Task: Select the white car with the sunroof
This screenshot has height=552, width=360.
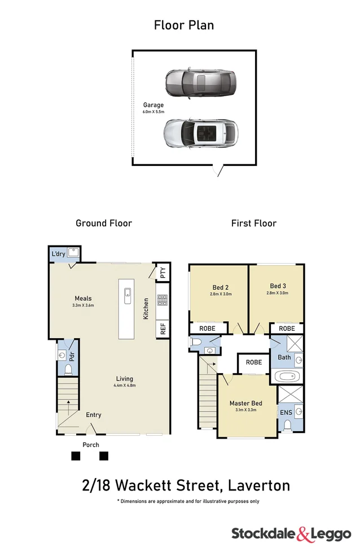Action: [200, 133]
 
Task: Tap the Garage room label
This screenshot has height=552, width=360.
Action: [153, 105]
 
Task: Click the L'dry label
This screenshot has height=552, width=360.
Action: [58, 254]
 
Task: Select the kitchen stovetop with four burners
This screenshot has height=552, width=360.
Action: [163, 300]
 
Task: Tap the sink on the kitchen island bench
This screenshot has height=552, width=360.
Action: [128, 292]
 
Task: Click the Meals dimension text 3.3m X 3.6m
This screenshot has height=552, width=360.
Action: [83, 305]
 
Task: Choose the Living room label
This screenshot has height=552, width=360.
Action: [125, 379]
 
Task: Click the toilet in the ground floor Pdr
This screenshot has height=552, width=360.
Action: [67, 370]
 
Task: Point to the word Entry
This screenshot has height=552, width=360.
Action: [94, 415]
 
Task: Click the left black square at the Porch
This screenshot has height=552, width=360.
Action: [76, 456]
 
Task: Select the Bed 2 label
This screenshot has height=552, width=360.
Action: [219, 286]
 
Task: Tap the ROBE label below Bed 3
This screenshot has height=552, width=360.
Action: [287, 328]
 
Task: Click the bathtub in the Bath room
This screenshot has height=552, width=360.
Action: [288, 376]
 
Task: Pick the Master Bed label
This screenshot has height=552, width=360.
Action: [245, 403]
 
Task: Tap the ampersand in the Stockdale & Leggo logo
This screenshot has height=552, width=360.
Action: [303, 533]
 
